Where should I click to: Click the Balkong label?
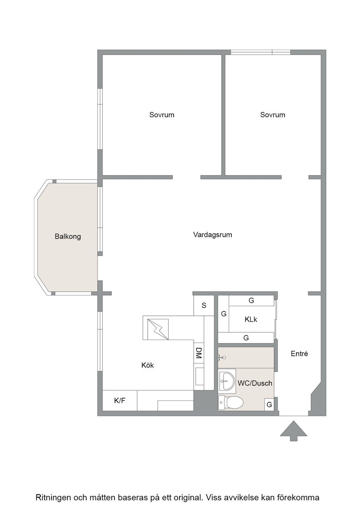click(68, 236)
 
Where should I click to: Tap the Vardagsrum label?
click(213, 235)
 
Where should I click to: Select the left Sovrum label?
click(162, 115)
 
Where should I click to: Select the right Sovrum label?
click(273, 115)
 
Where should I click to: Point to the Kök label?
click(147, 365)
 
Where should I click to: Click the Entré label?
click(299, 354)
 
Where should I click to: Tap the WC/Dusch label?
click(255, 383)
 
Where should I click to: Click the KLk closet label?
click(251, 319)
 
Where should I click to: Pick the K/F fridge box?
click(120, 401)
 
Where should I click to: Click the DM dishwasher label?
click(199, 353)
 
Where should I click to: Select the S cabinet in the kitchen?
click(204, 305)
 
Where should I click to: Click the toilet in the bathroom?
click(230, 403)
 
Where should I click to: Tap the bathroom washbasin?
click(227, 381)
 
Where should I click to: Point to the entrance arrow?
click(294, 431)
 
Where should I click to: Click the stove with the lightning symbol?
click(155, 328)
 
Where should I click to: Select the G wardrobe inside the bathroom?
click(269, 405)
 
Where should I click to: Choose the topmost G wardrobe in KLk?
click(251, 300)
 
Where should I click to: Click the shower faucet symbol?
click(222, 357)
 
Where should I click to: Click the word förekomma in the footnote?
click(301, 497)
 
